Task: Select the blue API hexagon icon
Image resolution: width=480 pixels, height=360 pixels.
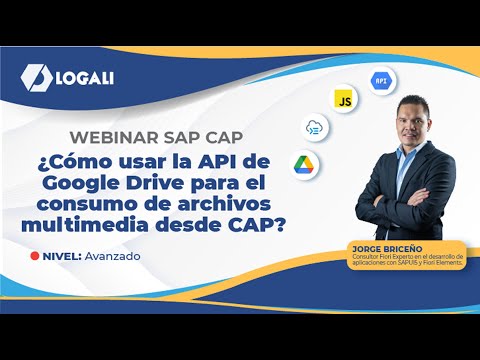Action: pos(380,78)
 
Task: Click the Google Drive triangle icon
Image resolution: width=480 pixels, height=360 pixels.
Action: pos(302,165)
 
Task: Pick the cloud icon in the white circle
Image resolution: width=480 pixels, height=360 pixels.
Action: pos(316,127)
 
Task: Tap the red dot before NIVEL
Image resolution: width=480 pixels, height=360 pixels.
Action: pos(35,256)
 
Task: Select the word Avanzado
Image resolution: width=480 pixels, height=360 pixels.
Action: pos(113,256)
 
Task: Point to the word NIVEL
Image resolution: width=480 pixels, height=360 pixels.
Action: pos(62,256)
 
